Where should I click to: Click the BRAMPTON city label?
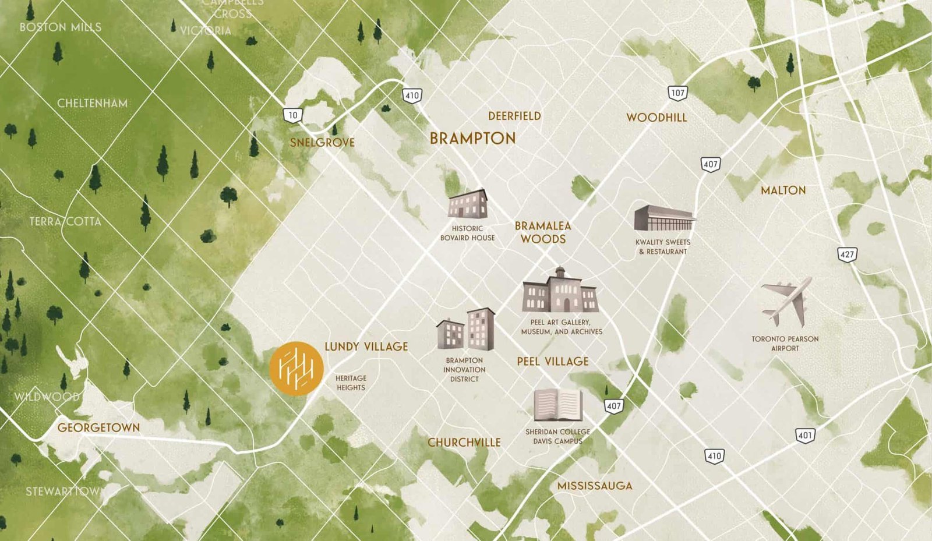[472, 139]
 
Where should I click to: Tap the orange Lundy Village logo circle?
[296, 369]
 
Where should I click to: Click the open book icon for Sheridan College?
[558, 405]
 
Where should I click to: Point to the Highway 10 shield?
[292, 115]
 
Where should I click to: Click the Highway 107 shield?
[677, 93]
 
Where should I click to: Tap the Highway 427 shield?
[847, 254]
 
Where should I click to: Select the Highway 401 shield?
[805, 435]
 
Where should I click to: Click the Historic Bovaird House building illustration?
[467, 204]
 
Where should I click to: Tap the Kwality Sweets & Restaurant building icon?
[663, 218]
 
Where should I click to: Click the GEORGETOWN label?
[98, 427]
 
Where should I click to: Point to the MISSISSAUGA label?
[594, 486]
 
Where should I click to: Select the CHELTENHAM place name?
[92, 104]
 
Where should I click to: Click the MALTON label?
[783, 190]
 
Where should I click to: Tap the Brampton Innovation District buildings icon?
[466, 330]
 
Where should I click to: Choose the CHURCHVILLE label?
[464, 443]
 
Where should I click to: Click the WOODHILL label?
[656, 118]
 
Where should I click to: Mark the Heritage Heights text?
[351, 383]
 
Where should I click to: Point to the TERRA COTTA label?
[65, 222]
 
